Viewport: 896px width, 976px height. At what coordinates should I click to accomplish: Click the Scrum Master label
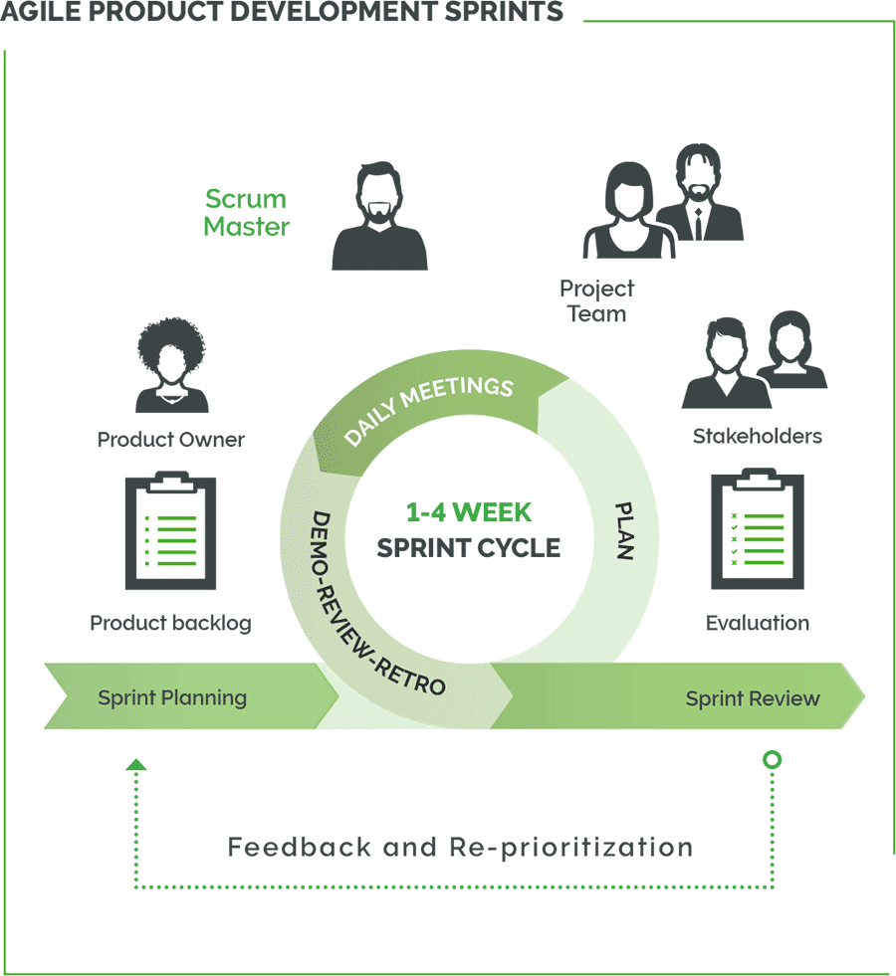point(246,213)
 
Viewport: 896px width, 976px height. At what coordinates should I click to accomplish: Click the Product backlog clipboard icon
point(170,532)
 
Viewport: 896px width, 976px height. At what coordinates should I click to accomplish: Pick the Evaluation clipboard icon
point(757,532)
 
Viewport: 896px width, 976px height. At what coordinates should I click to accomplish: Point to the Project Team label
point(596,301)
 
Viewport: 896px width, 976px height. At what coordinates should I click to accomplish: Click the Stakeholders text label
point(757,436)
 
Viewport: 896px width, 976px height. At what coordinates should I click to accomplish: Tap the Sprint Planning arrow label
point(172,697)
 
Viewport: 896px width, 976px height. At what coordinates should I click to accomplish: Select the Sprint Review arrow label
point(752,698)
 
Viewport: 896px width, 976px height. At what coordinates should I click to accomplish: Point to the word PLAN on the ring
point(624,530)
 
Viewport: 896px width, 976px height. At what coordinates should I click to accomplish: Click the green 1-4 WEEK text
point(468,512)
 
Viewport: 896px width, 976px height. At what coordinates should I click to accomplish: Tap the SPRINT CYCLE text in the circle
point(468,547)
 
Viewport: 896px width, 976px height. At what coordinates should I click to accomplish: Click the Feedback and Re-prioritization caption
point(460,848)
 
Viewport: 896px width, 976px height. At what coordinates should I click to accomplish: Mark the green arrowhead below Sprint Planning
point(136,765)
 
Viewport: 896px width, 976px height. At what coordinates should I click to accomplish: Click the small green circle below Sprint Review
point(772,760)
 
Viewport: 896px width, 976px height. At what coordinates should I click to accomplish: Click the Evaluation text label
point(757,624)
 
